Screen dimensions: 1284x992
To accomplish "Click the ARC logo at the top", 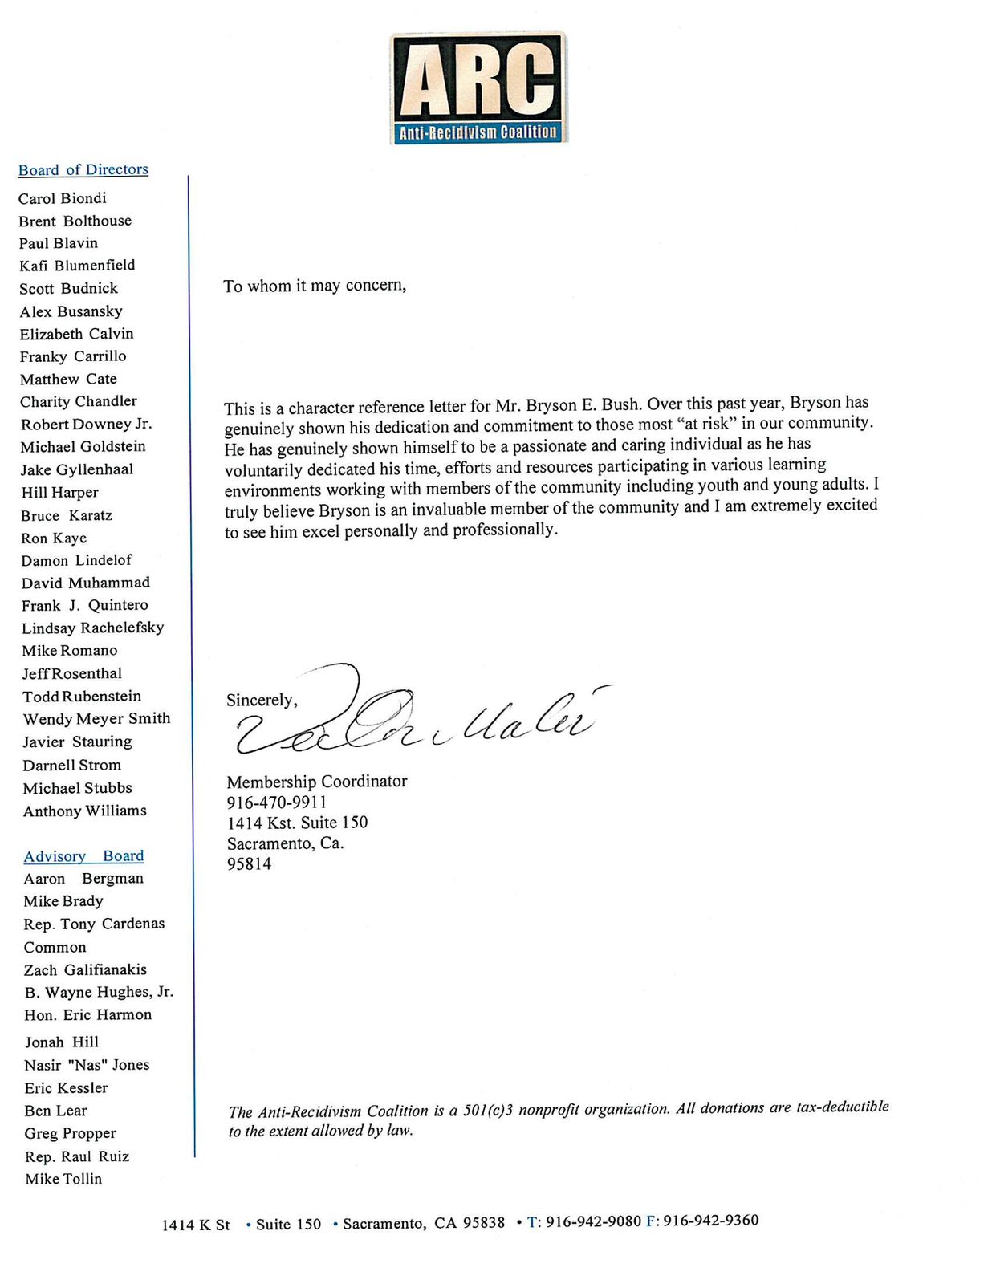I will [x=479, y=87].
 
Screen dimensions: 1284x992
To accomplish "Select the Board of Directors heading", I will [x=83, y=169].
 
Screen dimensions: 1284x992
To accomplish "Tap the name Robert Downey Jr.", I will [x=86, y=424].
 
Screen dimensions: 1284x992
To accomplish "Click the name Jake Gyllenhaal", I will [x=77, y=469].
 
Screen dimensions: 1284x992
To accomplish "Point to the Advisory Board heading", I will [x=83, y=856].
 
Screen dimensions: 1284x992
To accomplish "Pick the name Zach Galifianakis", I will [x=85, y=969].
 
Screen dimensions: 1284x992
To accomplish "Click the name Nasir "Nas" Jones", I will [x=87, y=1065].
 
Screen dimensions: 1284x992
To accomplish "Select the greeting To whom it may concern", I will [x=315, y=286].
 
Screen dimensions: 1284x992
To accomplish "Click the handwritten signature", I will [x=417, y=714].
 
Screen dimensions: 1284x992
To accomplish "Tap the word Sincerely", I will [x=262, y=700].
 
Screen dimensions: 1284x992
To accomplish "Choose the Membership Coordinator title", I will [x=316, y=781].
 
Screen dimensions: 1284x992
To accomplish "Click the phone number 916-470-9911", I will [x=277, y=802].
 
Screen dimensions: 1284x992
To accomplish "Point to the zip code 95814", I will [x=249, y=864].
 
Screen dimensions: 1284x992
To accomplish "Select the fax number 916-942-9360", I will [x=710, y=1221].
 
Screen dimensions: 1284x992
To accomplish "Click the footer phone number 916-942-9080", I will [x=593, y=1221].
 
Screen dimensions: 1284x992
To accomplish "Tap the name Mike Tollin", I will [x=63, y=1179].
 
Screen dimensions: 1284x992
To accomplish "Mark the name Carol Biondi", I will [x=63, y=198].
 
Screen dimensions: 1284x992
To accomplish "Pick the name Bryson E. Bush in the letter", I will [x=583, y=405].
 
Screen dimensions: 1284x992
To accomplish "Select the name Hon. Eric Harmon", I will [x=87, y=1015].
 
